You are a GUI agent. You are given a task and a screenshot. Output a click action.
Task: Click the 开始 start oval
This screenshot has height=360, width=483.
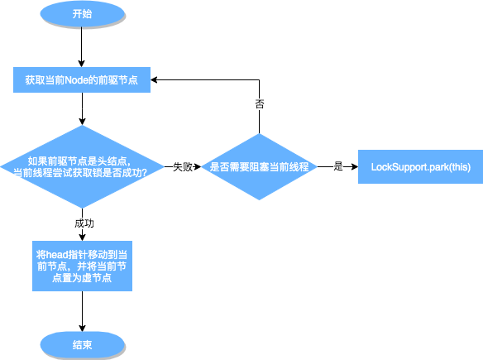tap(82, 15)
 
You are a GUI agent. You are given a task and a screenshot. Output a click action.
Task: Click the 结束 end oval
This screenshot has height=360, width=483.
tap(82, 344)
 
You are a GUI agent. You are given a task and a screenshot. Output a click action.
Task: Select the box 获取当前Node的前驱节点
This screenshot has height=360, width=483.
tap(81, 81)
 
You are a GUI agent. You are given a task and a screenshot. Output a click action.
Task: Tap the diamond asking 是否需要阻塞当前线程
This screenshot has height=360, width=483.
tap(259, 166)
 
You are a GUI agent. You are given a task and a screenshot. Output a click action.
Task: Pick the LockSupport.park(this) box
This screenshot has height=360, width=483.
tap(414, 166)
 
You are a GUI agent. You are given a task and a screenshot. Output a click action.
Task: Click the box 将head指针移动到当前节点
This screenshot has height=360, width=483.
tap(81, 265)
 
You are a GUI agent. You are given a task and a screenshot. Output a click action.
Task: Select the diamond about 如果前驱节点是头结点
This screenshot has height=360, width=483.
tap(81, 166)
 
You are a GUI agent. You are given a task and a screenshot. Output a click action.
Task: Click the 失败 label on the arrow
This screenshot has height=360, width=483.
tap(183, 166)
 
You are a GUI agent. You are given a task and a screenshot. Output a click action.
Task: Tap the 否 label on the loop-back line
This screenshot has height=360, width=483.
tap(259, 106)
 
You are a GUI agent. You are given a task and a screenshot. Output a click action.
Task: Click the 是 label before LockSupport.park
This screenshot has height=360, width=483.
tap(337, 166)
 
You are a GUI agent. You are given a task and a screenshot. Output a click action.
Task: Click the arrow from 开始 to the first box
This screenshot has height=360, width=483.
tap(82, 47)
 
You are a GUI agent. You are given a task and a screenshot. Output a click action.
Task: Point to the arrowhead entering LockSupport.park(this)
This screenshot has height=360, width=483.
tap(353, 166)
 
